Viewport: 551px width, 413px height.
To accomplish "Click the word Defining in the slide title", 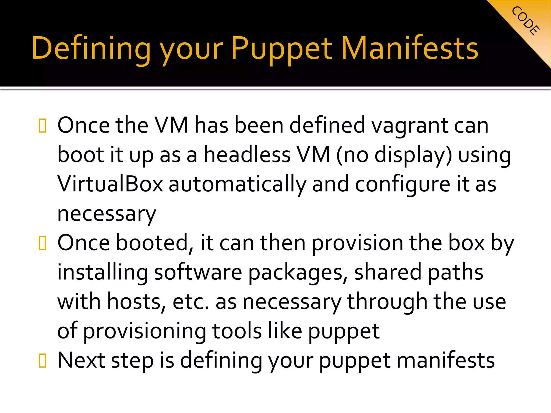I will tap(91, 48).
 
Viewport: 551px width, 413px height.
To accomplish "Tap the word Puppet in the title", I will tap(282, 48).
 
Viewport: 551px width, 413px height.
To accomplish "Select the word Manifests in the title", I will tap(409, 48).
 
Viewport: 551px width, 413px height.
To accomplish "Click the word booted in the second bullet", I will tap(152, 243).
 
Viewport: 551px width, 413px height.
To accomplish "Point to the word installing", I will tap(103, 272).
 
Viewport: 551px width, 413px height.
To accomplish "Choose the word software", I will tap(198, 272).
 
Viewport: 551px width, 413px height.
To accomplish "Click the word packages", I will tap(296, 272).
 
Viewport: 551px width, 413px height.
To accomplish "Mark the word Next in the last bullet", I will tap(81, 360).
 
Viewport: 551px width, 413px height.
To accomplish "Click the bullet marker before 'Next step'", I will tap(43, 361).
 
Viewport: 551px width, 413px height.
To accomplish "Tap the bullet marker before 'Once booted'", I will tap(43, 243).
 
